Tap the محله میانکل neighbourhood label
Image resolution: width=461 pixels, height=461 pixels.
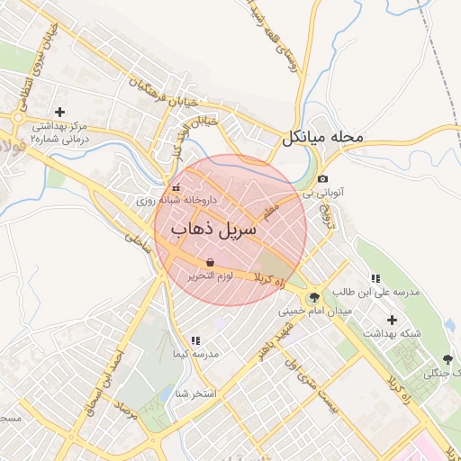click(322, 137)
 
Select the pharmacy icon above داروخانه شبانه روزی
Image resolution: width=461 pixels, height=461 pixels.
click(175, 188)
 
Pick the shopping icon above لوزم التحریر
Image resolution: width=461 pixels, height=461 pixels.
click(210, 263)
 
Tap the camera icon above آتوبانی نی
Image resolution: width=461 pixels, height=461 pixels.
click(322, 179)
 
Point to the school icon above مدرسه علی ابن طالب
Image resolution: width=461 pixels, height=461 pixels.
click(375, 278)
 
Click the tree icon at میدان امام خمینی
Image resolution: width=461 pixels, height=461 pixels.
click(313, 297)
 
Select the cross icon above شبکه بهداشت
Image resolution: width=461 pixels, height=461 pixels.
click(392, 319)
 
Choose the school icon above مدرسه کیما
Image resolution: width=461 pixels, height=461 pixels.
click(194, 340)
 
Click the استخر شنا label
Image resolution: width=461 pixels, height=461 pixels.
click(194, 393)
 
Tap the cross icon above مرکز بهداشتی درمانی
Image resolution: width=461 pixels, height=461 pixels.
click(59, 113)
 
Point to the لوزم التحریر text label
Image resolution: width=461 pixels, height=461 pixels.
click(210, 276)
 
